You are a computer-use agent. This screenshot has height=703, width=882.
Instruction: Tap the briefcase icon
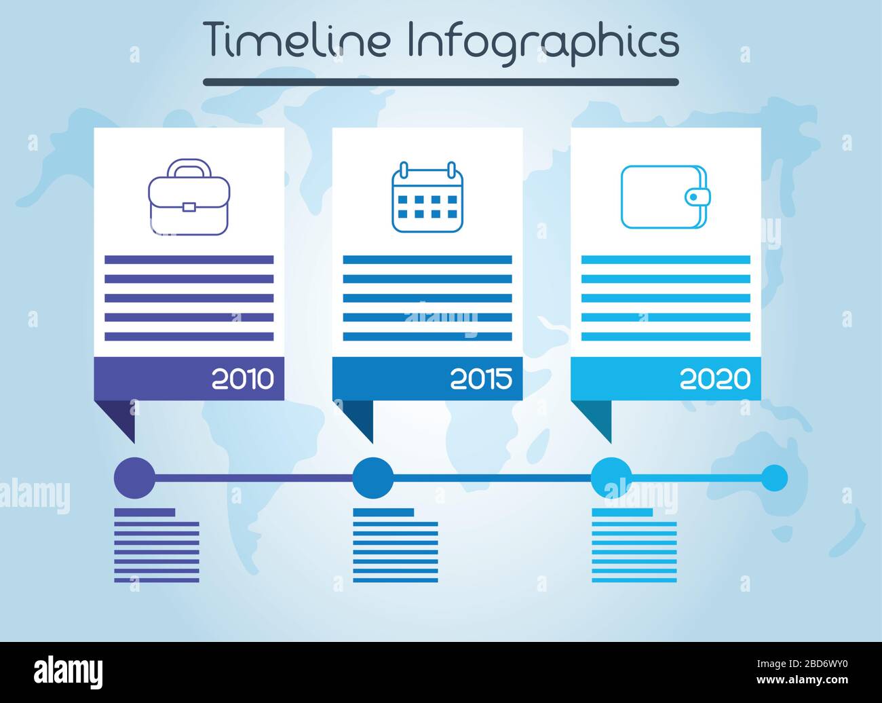[x=189, y=198]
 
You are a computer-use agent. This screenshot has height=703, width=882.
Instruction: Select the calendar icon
[x=427, y=198]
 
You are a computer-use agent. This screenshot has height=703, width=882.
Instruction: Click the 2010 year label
[x=243, y=379]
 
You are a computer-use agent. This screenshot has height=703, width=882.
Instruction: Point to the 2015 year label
[x=481, y=379]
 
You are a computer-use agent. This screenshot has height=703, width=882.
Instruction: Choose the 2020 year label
[x=715, y=379]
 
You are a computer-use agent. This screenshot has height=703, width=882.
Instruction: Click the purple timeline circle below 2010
[x=134, y=478]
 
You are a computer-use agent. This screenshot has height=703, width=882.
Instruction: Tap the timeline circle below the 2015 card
[x=372, y=478]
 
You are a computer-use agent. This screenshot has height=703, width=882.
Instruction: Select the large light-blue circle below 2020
[x=611, y=478]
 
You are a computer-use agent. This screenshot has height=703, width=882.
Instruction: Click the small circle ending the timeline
[x=773, y=478]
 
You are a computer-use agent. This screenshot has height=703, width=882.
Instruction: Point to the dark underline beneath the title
[x=441, y=82]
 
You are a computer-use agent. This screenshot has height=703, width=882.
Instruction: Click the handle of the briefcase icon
[x=189, y=167]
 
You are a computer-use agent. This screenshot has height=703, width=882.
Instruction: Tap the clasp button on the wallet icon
[x=694, y=197]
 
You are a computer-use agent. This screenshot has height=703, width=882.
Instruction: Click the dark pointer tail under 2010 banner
[x=122, y=417]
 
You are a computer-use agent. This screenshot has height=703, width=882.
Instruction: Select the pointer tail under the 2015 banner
[x=361, y=417]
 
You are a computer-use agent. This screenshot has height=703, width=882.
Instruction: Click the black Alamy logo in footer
[x=69, y=672]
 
